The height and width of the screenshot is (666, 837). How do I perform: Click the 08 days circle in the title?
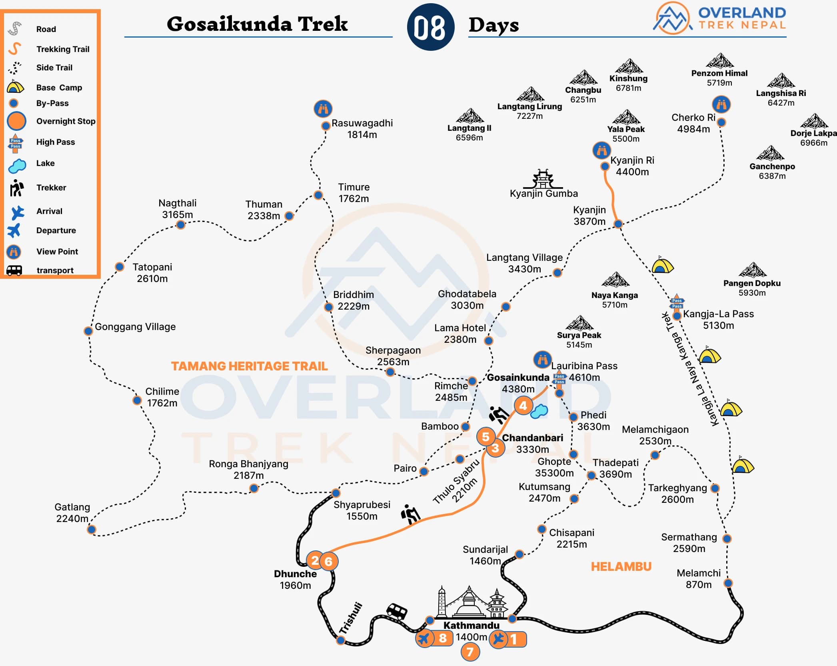pyautogui.click(x=430, y=27)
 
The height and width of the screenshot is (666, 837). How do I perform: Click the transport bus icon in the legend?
pyautogui.click(x=14, y=271)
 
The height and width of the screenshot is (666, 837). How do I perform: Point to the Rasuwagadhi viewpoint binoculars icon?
pyautogui.click(x=323, y=108)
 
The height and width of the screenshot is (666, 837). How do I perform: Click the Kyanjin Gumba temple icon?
pyautogui.click(x=543, y=179)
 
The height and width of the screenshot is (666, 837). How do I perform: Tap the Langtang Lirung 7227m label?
pyautogui.click(x=529, y=111)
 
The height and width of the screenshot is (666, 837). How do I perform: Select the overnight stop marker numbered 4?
pyautogui.click(x=523, y=406)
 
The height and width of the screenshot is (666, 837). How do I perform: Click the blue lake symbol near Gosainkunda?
pyautogui.click(x=539, y=411)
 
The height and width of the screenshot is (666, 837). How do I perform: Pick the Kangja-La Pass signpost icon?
pyautogui.click(x=677, y=303)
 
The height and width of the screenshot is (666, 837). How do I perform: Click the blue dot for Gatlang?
pyautogui.click(x=92, y=530)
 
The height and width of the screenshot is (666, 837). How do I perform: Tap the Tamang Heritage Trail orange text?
pyautogui.click(x=249, y=366)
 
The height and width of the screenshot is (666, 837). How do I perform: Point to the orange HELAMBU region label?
pyautogui.click(x=621, y=566)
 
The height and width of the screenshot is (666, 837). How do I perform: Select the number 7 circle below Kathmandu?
pyautogui.click(x=470, y=652)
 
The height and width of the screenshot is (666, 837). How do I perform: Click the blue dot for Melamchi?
pyautogui.click(x=728, y=583)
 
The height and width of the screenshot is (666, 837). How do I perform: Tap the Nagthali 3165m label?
pyautogui.click(x=177, y=209)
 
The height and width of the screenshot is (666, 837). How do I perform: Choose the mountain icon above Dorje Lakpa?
pyautogui.click(x=814, y=121)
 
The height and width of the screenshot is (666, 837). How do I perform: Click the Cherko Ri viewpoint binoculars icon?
pyautogui.click(x=721, y=104)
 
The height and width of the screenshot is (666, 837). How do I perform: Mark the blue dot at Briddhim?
pyautogui.click(x=328, y=307)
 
